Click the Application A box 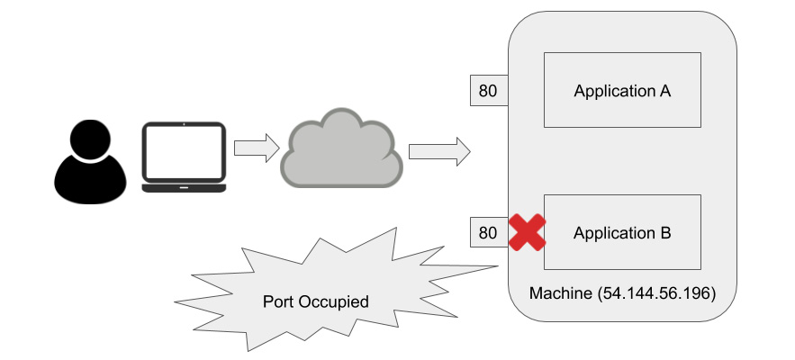(622, 90)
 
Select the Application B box (622, 232)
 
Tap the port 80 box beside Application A (489, 91)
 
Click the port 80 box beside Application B (489, 232)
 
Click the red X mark (528, 232)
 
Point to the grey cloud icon (342, 148)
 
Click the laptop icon (184, 157)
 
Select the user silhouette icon (90, 162)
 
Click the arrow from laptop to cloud (257, 148)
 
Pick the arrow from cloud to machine (439, 151)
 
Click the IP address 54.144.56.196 (657, 293)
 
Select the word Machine (561, 293)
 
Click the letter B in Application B (664, 233)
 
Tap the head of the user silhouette (90, 139)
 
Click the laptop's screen (184, 152)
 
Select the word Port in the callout (278, 301)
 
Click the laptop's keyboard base (184, 188)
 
